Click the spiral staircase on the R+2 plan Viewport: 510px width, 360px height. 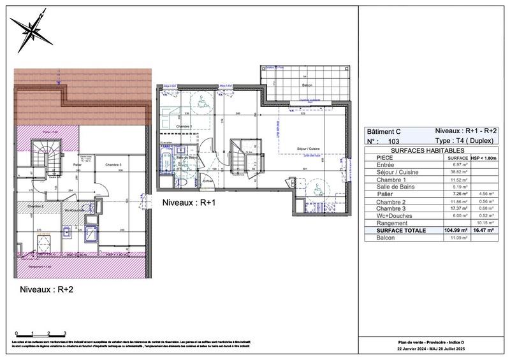45,156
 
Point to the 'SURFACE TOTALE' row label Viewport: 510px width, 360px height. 402,231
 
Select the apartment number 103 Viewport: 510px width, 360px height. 393,140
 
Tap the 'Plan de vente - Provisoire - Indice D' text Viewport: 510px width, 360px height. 433,343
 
